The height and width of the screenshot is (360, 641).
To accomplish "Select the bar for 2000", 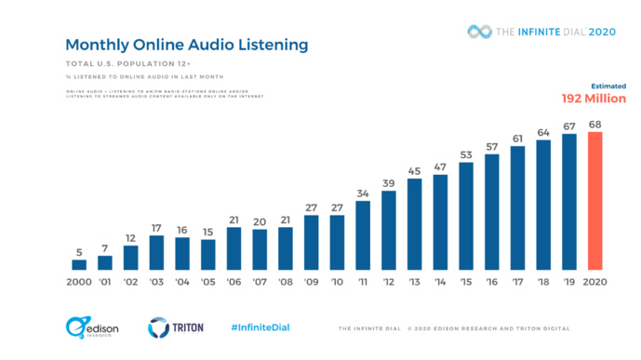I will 79,264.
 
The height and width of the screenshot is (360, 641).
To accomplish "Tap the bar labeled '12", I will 390,230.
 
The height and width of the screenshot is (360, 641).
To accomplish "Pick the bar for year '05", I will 208,254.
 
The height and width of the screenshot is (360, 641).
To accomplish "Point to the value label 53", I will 467,154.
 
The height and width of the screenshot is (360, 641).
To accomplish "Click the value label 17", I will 156,226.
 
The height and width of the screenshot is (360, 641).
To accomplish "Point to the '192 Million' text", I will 593,99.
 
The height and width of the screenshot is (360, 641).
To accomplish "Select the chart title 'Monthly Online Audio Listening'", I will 186,45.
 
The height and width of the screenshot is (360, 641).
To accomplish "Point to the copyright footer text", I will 453,328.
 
